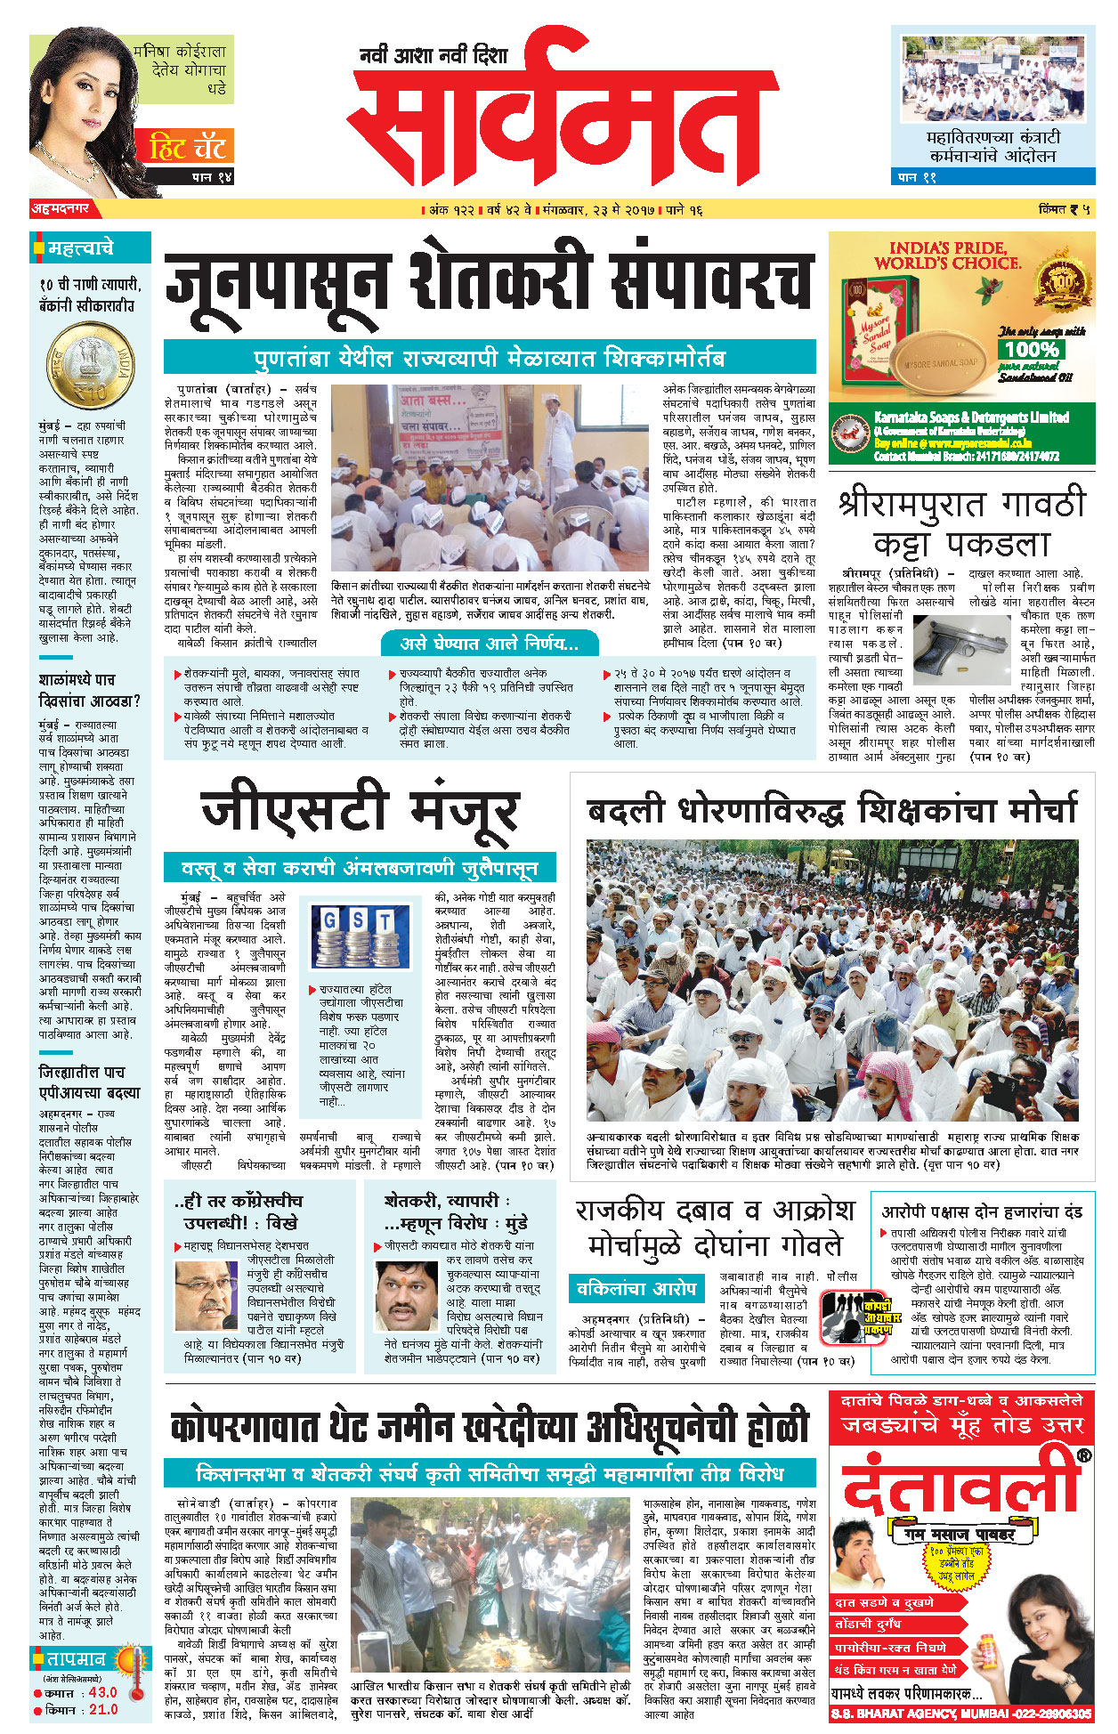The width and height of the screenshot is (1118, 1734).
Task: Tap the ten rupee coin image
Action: [x=91, y=366]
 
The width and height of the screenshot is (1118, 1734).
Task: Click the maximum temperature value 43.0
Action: [x=102, y=1692]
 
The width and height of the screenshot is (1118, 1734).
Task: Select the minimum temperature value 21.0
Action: [x=102, y=1709]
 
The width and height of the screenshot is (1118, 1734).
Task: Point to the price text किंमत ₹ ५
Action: [x=1065, y=210]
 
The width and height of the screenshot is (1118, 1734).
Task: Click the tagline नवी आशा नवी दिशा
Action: [x=433, y=56]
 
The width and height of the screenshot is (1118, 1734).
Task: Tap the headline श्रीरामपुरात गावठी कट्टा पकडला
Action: [x=961, y=523]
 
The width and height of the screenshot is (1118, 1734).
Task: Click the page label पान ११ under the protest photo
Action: [x=917, y=177]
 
